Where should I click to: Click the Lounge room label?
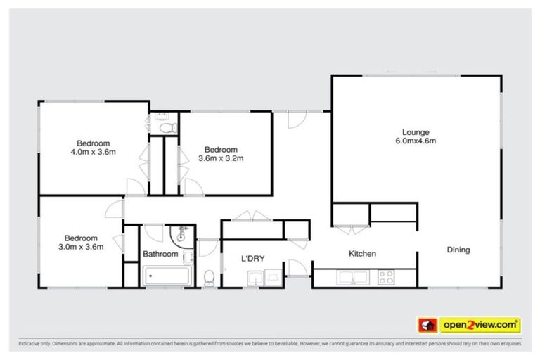415,131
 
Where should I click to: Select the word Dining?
458,250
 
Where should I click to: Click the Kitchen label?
363,254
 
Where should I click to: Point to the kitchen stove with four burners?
387,278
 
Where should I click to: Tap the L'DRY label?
252,259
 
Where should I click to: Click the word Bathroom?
161,254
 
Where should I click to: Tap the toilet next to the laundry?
209,279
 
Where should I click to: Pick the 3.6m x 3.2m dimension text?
221,158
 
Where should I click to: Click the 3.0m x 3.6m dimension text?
82,247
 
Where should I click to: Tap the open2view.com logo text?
480,325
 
